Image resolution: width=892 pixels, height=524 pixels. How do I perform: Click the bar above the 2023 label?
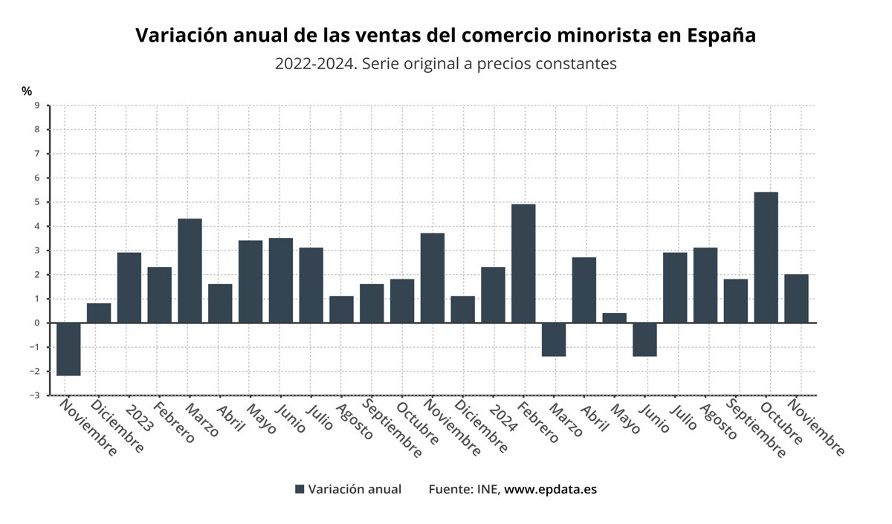[x=129, y=288]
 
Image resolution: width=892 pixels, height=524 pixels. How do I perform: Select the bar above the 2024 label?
[x=493, y=295]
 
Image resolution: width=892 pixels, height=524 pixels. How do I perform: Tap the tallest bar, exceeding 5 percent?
[x=766, y=257]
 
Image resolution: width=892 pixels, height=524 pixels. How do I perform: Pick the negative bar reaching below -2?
[x=68, y=349]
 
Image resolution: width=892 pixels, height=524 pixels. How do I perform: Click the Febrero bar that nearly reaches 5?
[x=523, y=263]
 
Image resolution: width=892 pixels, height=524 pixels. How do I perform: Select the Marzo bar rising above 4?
[x=190, y=271]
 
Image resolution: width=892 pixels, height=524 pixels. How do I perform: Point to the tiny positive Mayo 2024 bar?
[x=614, y=318]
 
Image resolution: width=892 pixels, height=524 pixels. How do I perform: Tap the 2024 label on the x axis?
[x=503, y=418]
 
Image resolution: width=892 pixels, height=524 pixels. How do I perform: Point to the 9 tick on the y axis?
[x=36, y=106]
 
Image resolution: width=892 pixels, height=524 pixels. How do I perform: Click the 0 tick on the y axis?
[x=36, y=323]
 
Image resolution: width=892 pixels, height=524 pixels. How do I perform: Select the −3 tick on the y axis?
[x=35, y=395]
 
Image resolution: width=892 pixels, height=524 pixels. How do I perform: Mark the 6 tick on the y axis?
[x=36, y=178]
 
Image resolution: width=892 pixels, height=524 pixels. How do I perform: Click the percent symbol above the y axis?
[x=27, y=91]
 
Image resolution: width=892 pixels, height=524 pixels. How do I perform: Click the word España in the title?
[x=721, y=36]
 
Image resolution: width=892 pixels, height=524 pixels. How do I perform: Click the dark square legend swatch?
[x=300, y=489]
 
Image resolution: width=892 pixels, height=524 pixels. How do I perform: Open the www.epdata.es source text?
[x=550, y=489]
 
